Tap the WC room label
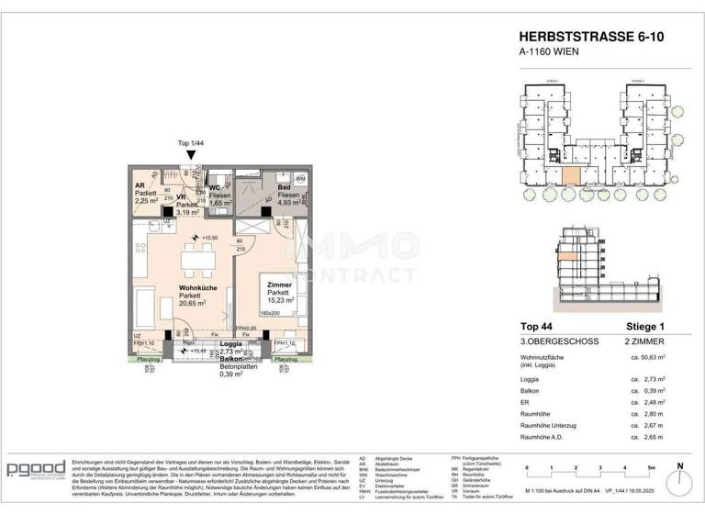[215, 175]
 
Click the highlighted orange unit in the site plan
[571, 176]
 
